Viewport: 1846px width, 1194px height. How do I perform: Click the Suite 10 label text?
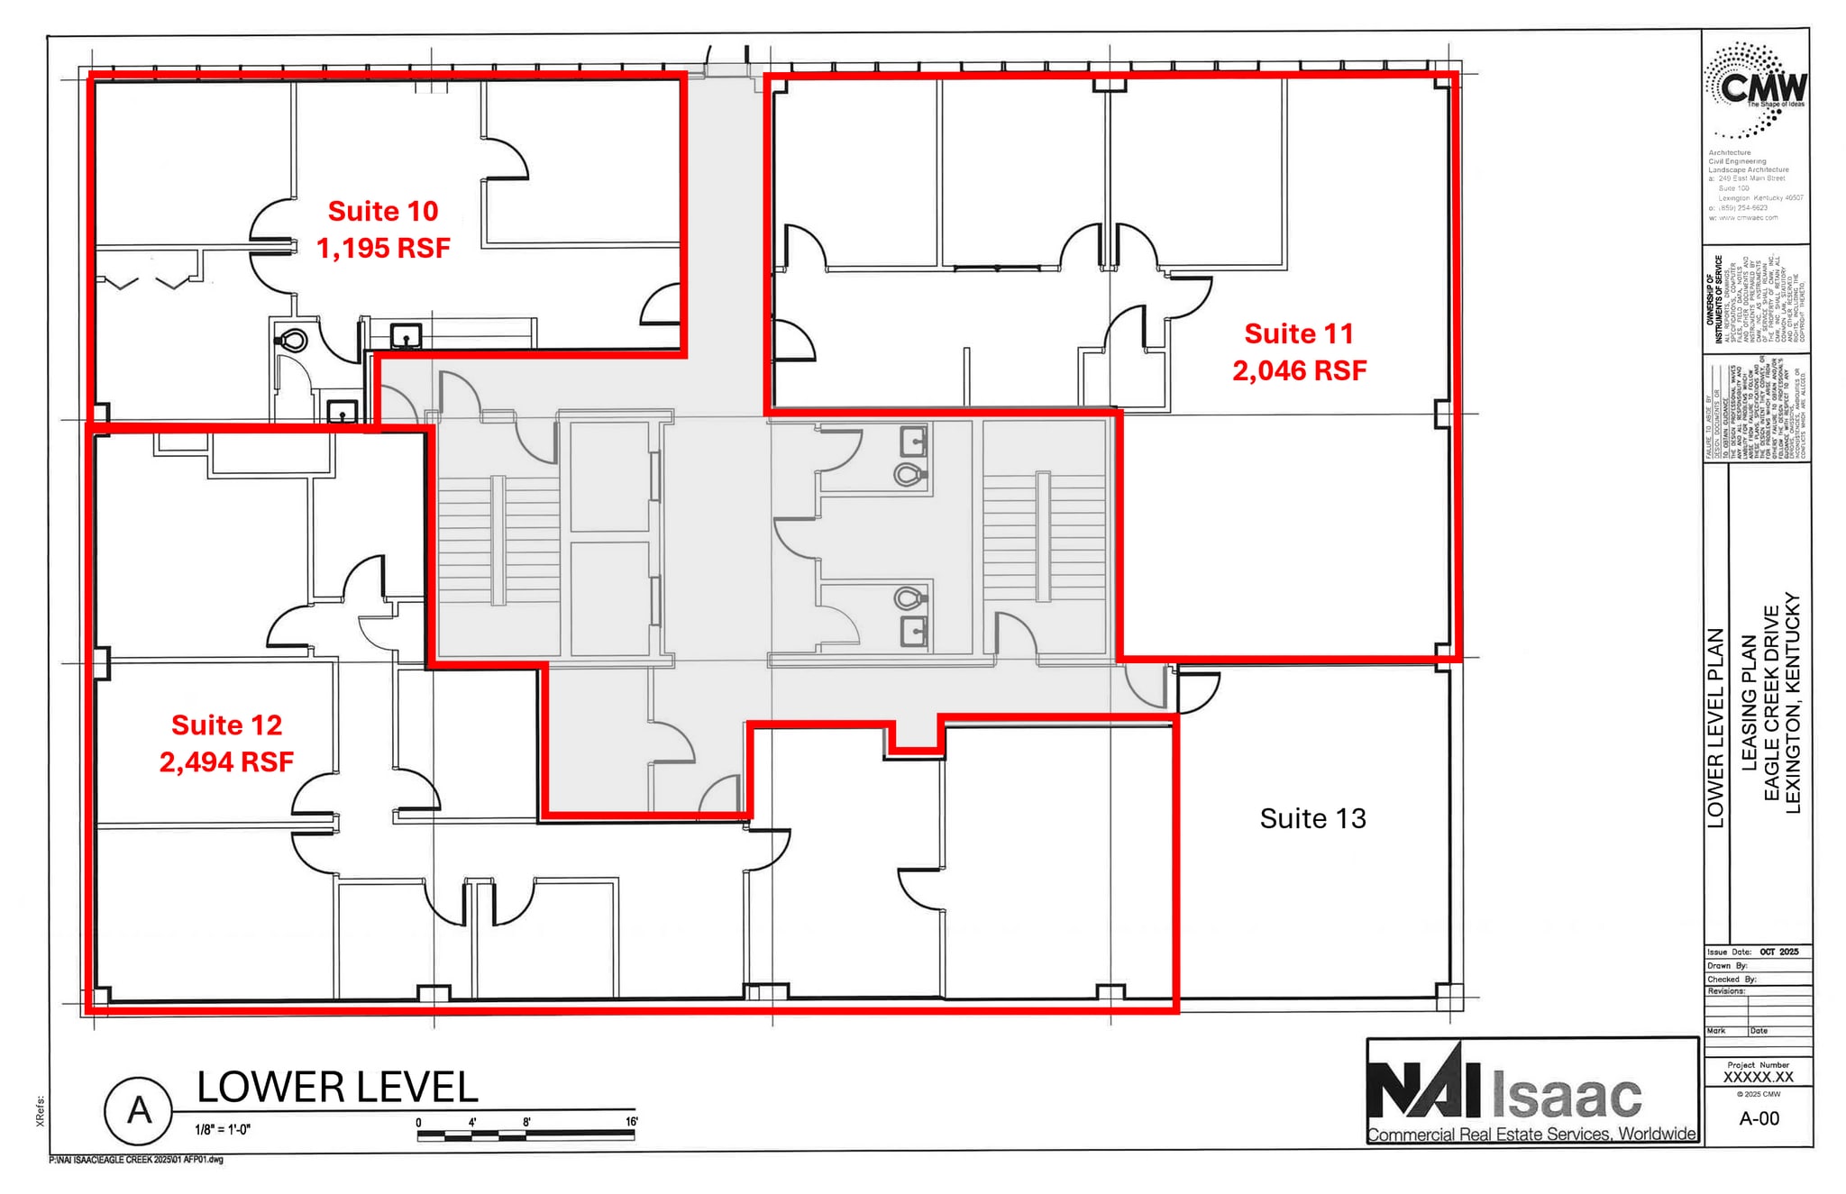pyautogui.click(x=382, y=211)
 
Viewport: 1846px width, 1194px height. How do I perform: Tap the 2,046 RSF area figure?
pyautogui.click(x=1299, y=370)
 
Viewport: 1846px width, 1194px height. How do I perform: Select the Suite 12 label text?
pyautogui.click(x=226, y=725)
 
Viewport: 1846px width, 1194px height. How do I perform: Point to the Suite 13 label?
pyautogui.click(x=1312, y=818)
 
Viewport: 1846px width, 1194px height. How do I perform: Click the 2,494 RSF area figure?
pyautogui.click(x=226, y=762)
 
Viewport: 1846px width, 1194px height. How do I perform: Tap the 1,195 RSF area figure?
pyautogui.click(x=382, y=248)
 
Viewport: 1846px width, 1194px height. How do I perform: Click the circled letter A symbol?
pyautogui.click(x=138, y=1110)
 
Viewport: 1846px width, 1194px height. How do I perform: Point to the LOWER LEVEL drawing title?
pyautogui.click(x=337, y=1087)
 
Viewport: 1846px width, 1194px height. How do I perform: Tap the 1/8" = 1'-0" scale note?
pyautogui.click(x=222, y=1129)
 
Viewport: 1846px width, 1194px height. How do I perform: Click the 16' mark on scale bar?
pyautogui.click(x=632, y=1122)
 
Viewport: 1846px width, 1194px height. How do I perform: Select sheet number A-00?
pyautogui.click(x=1759, y=1118)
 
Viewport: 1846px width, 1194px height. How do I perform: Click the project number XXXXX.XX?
pyautogui.click(x=1758, y=1077)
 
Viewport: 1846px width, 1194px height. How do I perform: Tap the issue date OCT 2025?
pyautogui.click(x=1778, y=952)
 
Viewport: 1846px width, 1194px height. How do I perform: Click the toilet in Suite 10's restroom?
pyautogui.click(x=293, y=341)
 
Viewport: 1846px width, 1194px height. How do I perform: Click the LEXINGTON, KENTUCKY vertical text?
pyautogui.click(x=1792, y=703)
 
